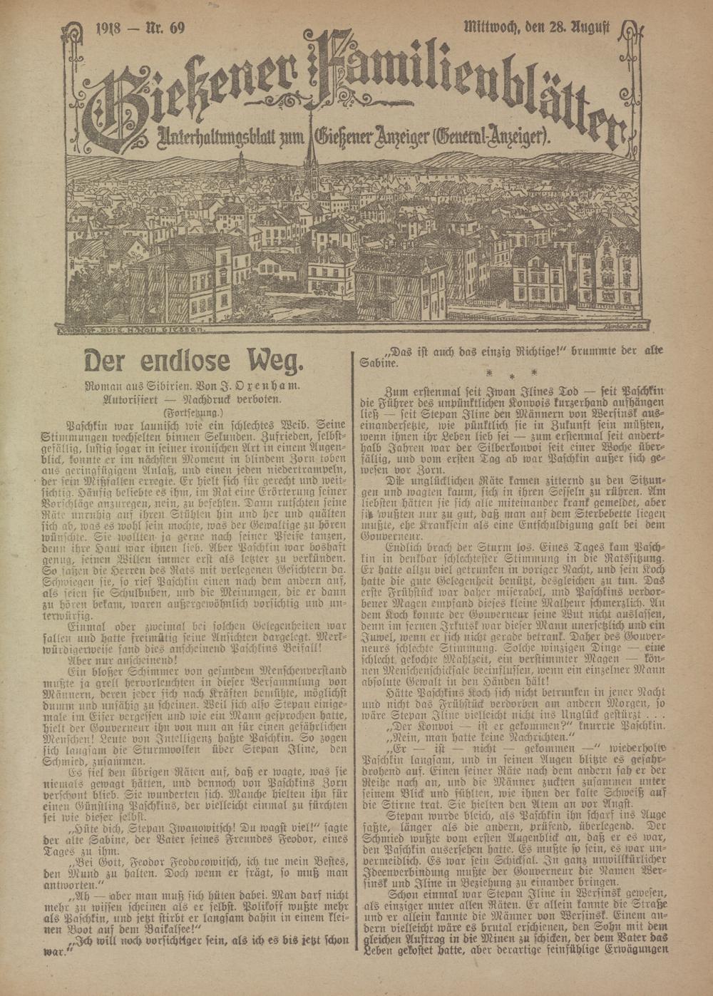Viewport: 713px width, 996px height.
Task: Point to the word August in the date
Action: coord(588,28)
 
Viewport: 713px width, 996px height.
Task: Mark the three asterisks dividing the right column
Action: coord(511,373)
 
